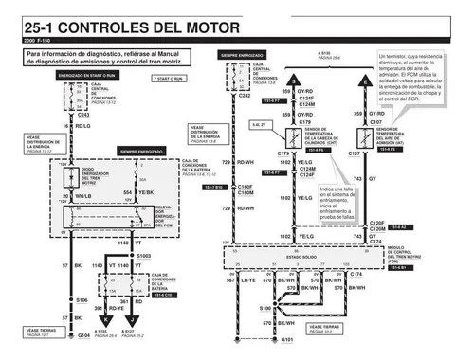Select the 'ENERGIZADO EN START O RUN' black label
coord(86,74)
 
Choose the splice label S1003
coord(144,256)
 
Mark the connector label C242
coord(245,96)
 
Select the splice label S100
coord(265,309)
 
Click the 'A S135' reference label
coord(325,55)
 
